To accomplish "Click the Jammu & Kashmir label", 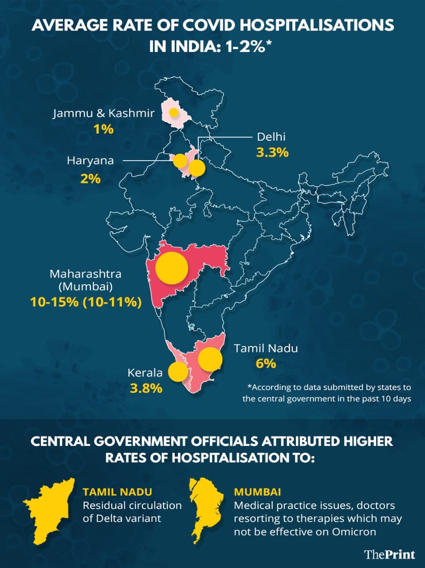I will pos(104,113).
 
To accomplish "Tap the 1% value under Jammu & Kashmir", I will pos(103,130).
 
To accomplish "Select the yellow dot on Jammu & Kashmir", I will pos(174,112).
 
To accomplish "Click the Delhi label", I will pos(271,136).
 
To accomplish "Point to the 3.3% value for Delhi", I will pos(272,153).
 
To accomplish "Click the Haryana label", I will pos(90,161).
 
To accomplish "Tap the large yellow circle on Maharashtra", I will pos(172,268).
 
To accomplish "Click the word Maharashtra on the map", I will pos(85,273).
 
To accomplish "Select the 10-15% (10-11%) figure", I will pos(86,302).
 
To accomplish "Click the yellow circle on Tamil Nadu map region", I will pos(210,359).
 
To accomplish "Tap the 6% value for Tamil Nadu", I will pos(266,364).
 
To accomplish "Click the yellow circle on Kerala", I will pos(178,371).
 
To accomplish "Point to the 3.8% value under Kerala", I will pos(146,389).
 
